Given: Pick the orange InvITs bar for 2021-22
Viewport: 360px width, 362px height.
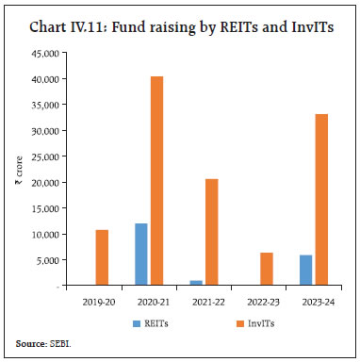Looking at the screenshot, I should point(212,232).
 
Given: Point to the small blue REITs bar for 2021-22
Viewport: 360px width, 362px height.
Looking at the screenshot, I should point(196,283).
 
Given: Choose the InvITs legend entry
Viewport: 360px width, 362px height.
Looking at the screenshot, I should point(251,323).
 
